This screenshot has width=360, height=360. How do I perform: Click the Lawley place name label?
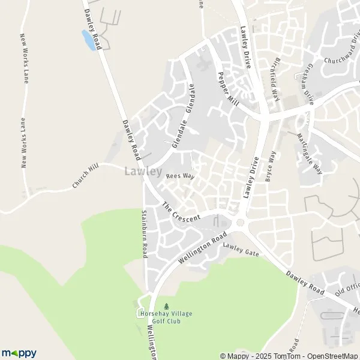tap(143, 172)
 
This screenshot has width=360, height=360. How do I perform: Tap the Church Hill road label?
tap(85, 178)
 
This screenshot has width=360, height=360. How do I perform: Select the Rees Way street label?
tap(181, 176)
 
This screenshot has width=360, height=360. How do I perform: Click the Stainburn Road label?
tap(144, 234)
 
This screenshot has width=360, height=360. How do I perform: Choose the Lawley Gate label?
tap(241, 250)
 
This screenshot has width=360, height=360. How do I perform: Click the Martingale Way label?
tap(310, 154)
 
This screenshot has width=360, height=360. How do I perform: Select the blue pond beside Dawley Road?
tap(88, 40)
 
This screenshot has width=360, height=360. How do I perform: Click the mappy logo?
tap(19, 353)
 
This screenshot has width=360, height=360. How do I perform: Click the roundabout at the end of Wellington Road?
tap(241, 223)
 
